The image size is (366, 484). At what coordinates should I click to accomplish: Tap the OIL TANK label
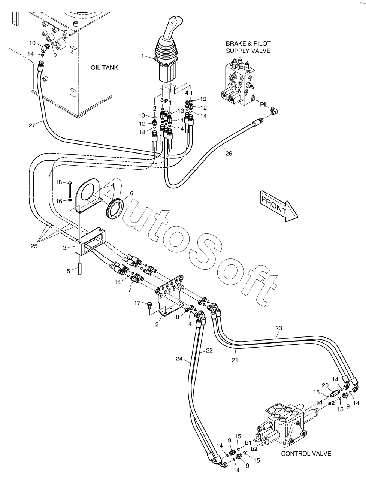[104, 67]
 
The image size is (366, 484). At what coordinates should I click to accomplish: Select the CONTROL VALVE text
[306, 453]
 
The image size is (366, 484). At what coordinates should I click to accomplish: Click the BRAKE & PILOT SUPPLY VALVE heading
[248, 47]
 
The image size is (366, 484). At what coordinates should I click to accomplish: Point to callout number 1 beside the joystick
[143, 56]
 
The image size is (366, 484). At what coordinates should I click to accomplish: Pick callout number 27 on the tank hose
[32, 125]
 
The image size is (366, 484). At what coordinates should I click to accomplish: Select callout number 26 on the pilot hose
[229, 153]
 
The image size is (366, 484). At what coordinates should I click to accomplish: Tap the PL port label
[264, 105]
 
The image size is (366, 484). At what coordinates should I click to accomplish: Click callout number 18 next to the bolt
[59, 182]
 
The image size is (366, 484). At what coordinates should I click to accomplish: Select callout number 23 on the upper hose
[278, 328]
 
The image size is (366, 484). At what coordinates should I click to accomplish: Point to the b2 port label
[254, 448]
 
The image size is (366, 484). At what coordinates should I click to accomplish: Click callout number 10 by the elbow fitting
[33, 43]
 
